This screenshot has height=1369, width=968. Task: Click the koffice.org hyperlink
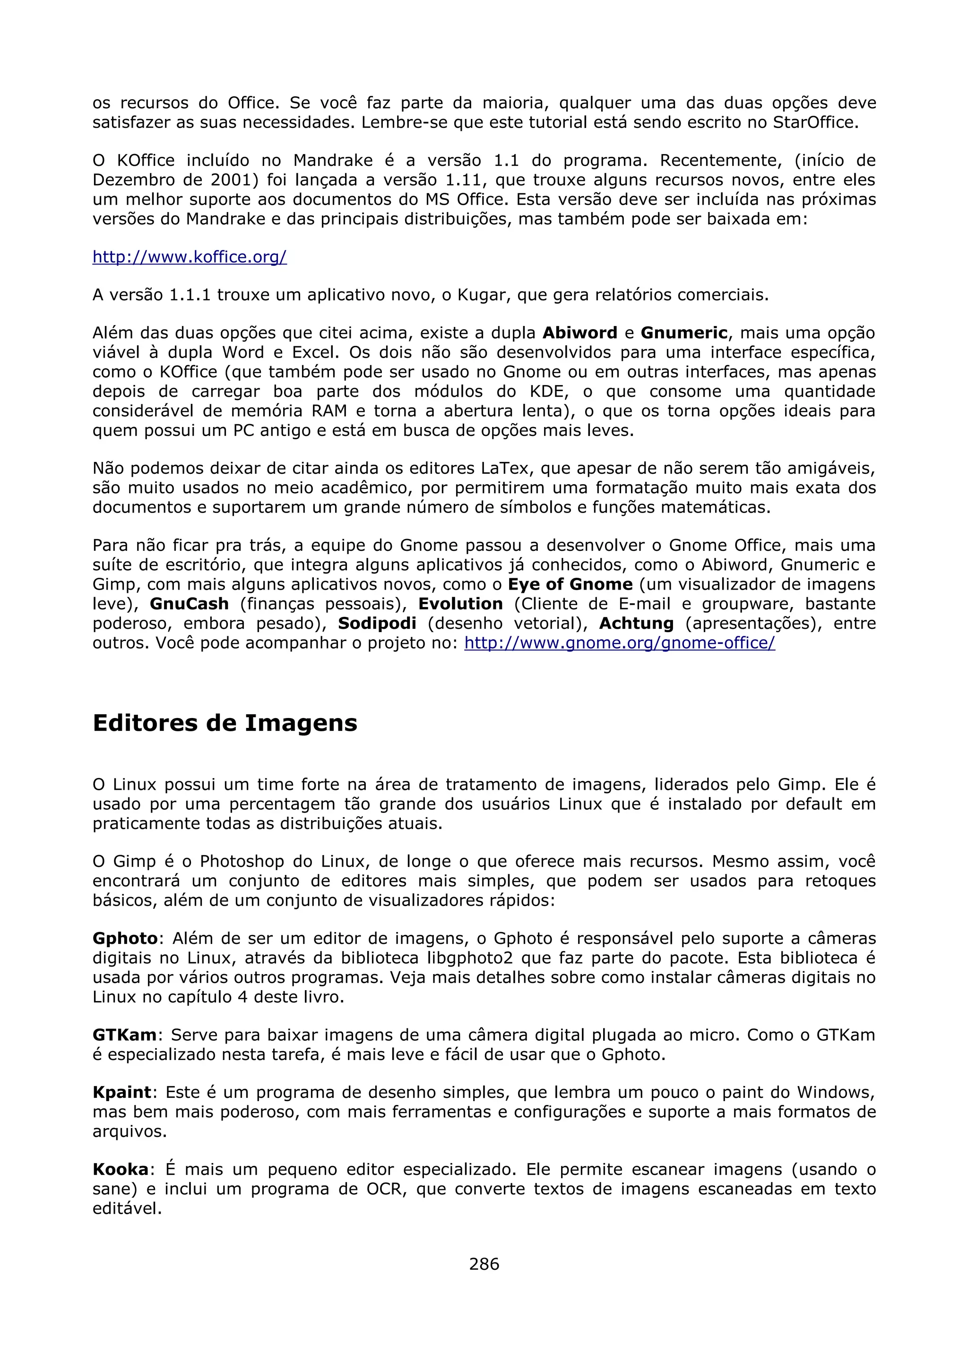189,257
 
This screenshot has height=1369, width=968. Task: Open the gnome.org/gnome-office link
619,643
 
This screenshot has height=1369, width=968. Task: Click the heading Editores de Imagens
225,723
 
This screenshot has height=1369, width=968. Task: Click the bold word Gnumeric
683,333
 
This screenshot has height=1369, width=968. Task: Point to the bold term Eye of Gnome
570,584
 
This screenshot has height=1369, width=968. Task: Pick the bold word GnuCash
189,604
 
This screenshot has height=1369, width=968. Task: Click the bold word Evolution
460,604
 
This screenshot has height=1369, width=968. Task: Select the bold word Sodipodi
377,624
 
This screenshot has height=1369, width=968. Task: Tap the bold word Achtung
636,624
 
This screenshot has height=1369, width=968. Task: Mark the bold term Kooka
120,1169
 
